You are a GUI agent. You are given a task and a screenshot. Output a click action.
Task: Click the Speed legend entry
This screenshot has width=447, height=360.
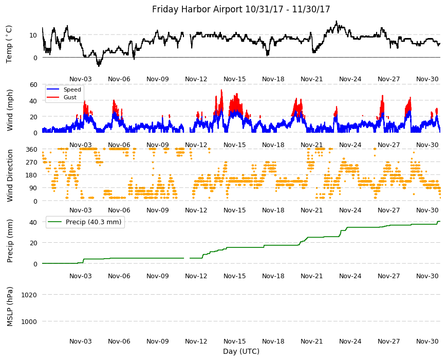[x=72, y=89]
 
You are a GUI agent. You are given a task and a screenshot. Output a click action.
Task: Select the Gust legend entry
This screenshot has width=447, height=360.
[x=70, y=97]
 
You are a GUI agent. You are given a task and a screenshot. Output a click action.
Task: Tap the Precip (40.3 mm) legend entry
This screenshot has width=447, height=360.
[x=94, y=222]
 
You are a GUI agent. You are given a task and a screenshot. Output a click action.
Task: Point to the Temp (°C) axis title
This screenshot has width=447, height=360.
[x=9, y=44]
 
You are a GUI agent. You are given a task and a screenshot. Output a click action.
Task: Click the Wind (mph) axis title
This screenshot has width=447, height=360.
[x=10, y=110]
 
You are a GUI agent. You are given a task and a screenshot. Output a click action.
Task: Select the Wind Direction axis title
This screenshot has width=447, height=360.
[x=10, y=175]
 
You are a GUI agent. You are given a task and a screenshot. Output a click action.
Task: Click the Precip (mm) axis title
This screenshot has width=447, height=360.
[x=10, y=241]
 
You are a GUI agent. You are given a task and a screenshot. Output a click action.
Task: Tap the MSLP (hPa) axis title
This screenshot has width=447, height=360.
[x=10, y=306]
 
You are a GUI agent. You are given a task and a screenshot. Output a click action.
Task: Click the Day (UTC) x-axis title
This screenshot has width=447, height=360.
[x=241, y=351]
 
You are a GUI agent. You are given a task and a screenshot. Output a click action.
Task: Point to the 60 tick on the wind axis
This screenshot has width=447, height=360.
[x=33, y=84]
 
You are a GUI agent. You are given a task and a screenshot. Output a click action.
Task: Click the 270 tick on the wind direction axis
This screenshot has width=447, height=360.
[x=32, y=163]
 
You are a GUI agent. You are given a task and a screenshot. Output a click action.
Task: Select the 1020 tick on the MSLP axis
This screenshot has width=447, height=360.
[x=29, y=295]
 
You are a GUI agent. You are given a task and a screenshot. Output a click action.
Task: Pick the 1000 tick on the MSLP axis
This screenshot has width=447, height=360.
[x=29, y=321]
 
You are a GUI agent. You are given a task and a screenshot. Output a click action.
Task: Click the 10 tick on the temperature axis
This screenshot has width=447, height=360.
[x=33, y=35]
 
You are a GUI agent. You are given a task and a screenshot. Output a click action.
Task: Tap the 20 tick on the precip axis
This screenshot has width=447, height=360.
[x=33, y=243]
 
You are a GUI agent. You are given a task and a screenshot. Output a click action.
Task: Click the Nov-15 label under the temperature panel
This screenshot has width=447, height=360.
[x=235, y=79]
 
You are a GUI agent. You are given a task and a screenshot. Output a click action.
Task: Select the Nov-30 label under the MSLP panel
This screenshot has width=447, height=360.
[x=427, y=341]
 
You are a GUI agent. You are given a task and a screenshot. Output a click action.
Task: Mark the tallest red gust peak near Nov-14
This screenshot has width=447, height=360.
[x=221, y=90]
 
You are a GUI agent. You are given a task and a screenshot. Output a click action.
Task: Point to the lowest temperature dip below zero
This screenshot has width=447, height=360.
[x=99, y=66]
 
